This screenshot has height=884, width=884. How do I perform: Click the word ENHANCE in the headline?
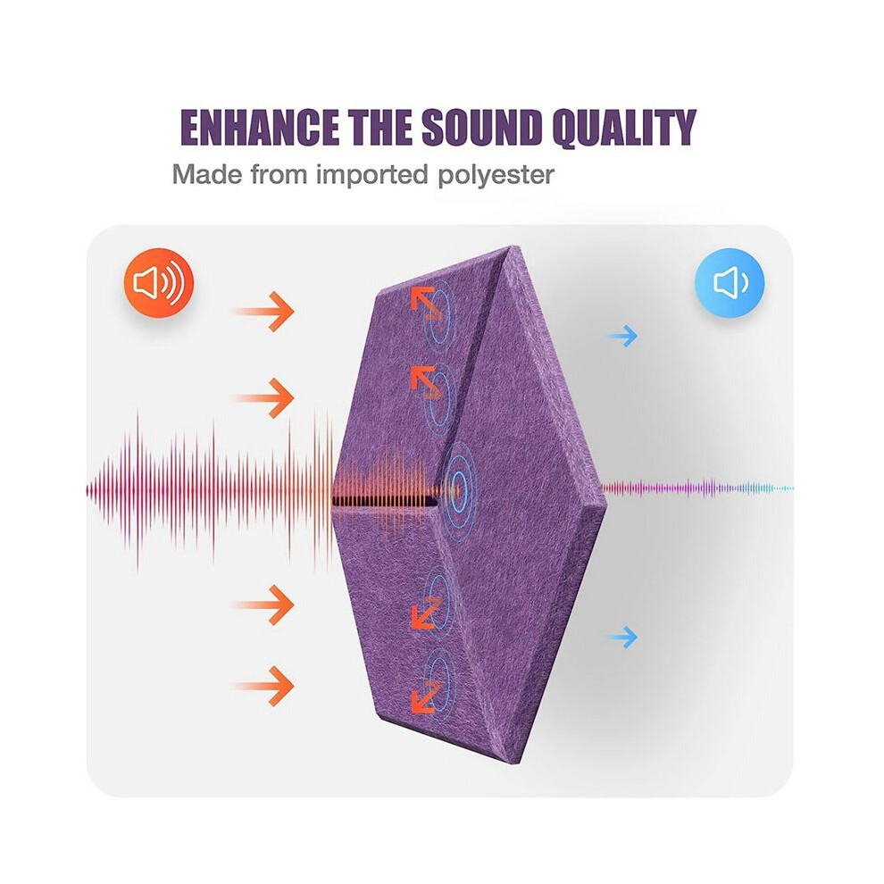259,127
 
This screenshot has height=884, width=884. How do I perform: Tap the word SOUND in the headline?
481,127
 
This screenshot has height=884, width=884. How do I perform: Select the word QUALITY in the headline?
624,128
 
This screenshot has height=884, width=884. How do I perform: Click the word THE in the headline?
379,127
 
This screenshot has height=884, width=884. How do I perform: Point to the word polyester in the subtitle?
496,175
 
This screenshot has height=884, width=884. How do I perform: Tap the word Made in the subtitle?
207,174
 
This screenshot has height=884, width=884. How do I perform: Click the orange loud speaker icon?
159,282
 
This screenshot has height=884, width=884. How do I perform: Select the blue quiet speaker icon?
730,282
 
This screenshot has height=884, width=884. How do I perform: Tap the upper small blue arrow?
622,336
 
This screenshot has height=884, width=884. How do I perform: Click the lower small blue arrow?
622,638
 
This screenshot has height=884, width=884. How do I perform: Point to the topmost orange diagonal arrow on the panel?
426,303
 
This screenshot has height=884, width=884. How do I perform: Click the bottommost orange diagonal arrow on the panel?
426,696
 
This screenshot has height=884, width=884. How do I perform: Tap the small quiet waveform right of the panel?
698,488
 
